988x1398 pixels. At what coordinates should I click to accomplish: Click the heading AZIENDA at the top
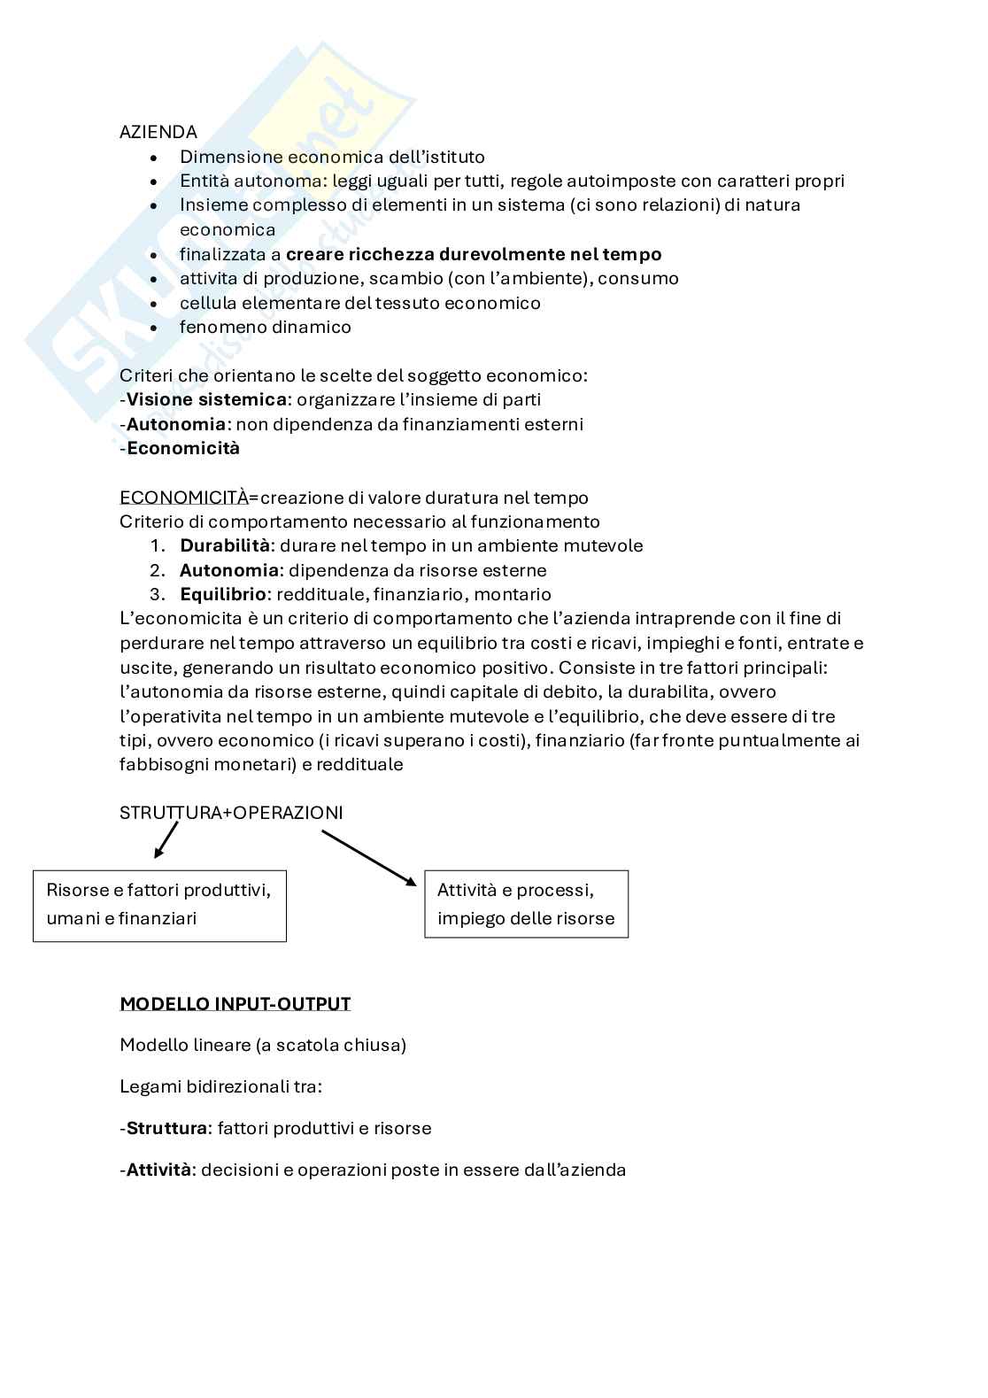click(x=158, y=132)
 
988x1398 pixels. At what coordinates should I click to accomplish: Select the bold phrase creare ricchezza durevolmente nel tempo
click(x=474, y=254)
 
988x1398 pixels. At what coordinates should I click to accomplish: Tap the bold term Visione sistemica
click(x=206, y=399)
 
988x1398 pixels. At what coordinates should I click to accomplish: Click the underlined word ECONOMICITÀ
click(x=183, y=498)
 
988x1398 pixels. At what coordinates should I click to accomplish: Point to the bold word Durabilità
click(x=224, y=545)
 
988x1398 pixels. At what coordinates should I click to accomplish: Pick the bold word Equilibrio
click(x=222, y=594)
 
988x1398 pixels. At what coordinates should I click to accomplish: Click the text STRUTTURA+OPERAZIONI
click(x=231, y=812)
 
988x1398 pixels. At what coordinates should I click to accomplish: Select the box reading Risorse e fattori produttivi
click(x=159, y=904)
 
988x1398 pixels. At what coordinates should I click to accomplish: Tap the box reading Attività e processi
click(x=526, y=904)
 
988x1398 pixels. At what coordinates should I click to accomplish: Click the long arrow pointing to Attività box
click(x=368, y=857)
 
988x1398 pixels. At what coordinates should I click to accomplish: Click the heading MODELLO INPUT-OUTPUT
click(x=235, y=1004)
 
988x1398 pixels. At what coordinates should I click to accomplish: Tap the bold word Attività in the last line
click(x=158, y=1170)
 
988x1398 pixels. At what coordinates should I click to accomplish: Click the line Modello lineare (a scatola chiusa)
click(x=263, y=1045)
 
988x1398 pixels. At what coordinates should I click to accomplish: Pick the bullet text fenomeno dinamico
click(x=266, y=327)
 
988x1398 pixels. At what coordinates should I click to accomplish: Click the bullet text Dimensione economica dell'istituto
click(x=332, y=157)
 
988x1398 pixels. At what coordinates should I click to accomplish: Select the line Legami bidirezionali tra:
click(x=220, y=1086)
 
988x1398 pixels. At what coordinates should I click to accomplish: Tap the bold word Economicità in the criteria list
click(x=183, y=448)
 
